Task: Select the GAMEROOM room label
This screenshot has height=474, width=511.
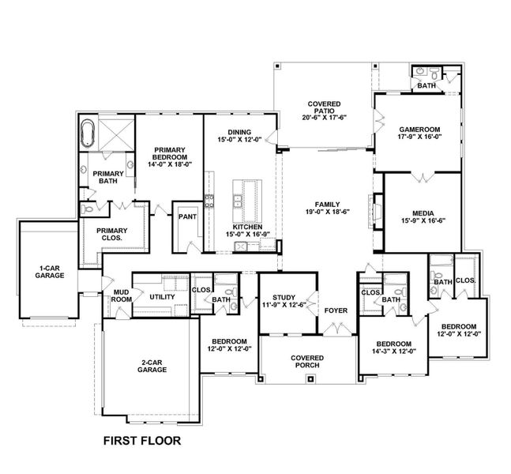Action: tap(419, 128)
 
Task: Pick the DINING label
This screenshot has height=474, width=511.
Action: tap(239, 133)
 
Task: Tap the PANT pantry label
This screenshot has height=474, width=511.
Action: tap(186, 216)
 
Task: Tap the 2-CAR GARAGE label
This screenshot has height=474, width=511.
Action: tap(151, 365)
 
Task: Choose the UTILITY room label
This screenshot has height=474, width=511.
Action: tap(162, 297)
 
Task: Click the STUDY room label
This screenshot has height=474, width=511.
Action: tap(283, 298)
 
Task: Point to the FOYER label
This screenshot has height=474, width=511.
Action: tap(336, 311)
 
